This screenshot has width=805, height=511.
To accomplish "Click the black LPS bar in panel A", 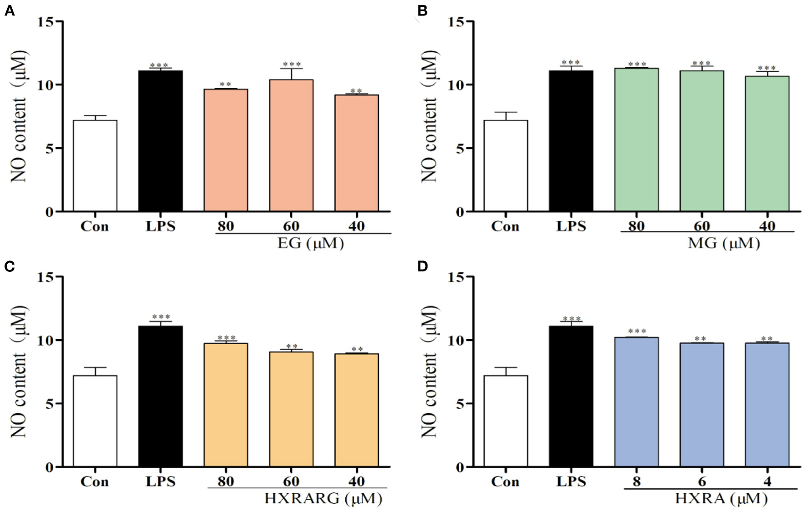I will [160, 141].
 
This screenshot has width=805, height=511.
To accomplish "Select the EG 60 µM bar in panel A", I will [291, 145].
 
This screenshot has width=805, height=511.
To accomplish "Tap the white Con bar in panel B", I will [506, 166].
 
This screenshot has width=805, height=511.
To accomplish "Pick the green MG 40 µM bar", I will [767, 144].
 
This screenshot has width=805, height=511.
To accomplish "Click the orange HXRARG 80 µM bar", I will [226, 405].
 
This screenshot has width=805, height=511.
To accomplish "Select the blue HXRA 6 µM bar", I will [702, 405].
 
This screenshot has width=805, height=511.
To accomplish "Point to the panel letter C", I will [9, 266].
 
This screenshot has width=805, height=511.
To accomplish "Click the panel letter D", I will [422, 266].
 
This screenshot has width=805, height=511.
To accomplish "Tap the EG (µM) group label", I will [311, 243].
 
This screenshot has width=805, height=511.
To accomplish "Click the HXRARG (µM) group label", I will [323, 499].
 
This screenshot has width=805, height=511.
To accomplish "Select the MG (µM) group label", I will [724, 243].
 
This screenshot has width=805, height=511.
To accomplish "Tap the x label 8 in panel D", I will [636, 481].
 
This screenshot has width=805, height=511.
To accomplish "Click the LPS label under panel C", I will [160, 481].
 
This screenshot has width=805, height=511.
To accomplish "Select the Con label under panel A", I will [94, 226].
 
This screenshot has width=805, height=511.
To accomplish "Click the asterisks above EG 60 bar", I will [292, 65].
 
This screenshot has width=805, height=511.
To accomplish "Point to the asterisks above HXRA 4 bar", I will [767, 339].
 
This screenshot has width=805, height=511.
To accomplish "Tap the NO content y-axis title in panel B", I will [429, 116].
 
